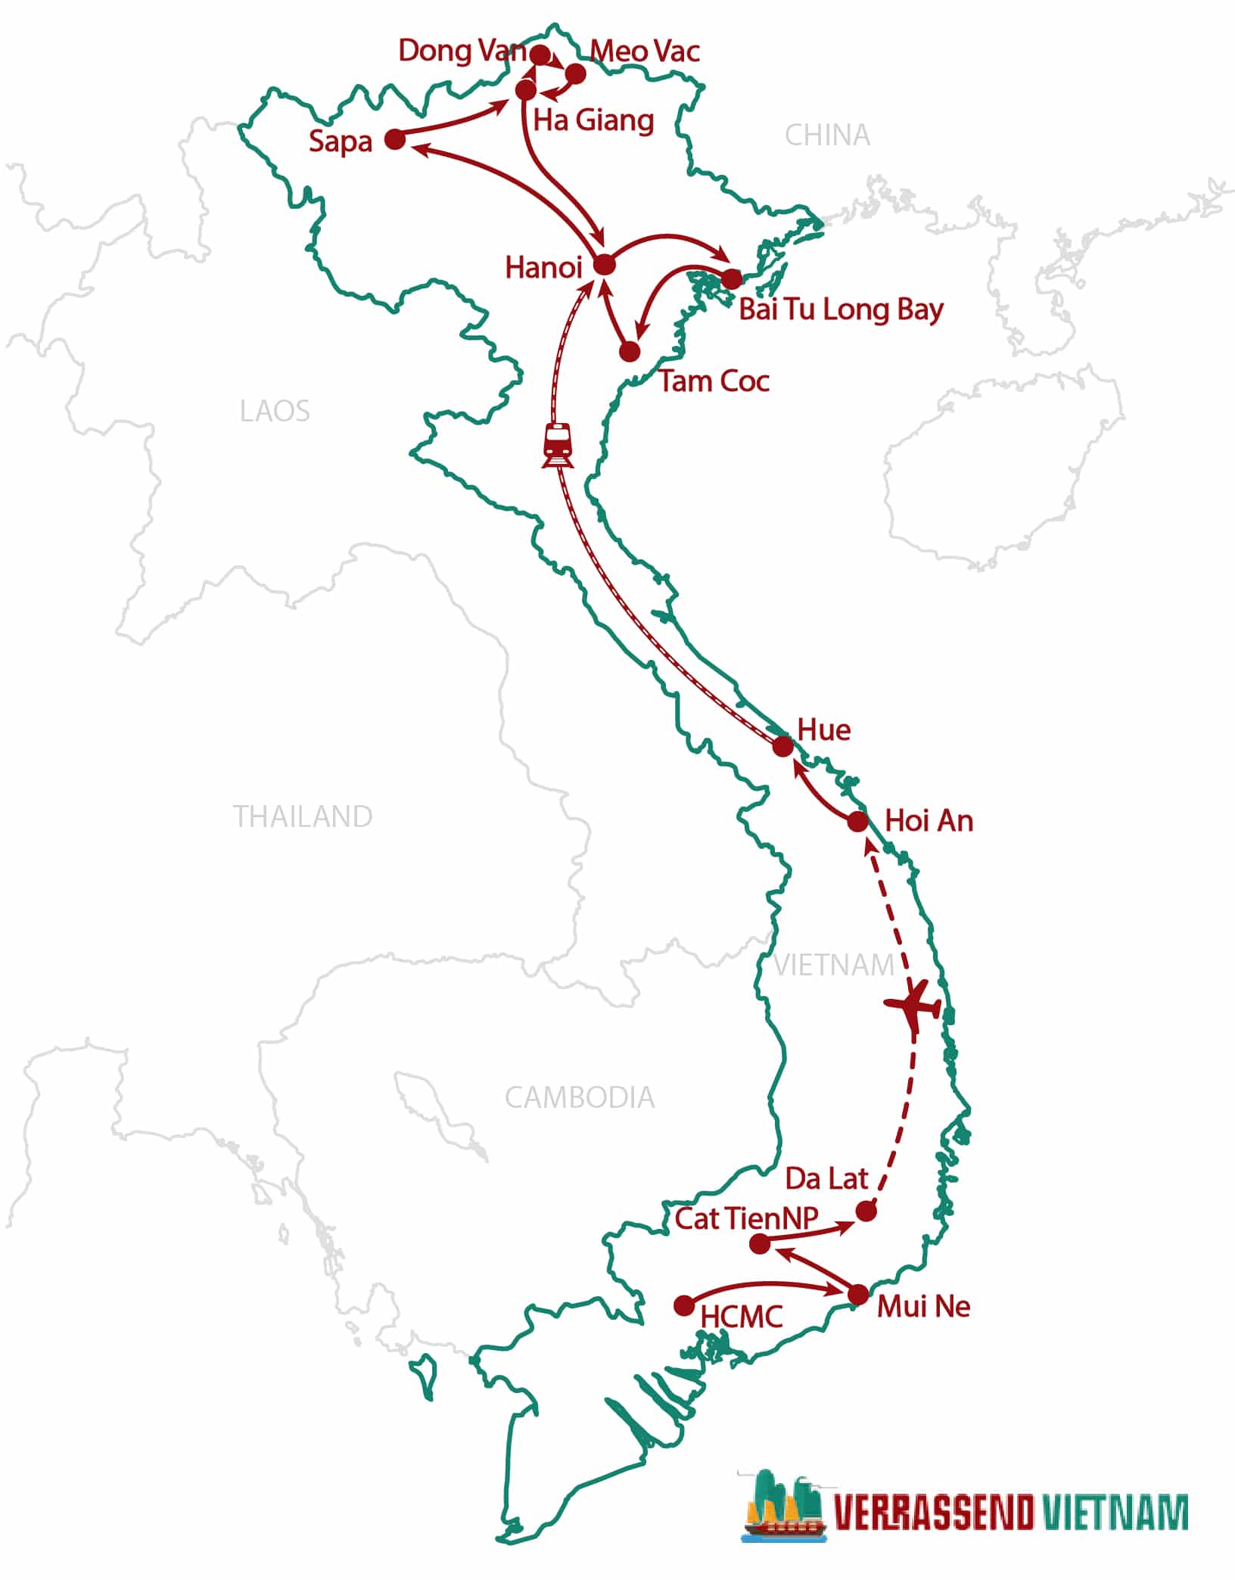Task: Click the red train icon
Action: pos(558,445)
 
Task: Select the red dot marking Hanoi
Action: pos(604,265)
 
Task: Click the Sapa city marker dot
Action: pos(395,139)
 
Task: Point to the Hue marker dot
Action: pos(782,747)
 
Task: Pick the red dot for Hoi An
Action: pos(857,821)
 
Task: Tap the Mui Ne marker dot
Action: pos(857,1295)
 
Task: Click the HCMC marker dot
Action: pos(684,1305)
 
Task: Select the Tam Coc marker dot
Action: pos(630,352)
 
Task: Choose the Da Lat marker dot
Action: pos(866,1211)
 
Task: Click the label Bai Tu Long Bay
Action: pos(841,310)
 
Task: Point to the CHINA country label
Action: pos(827,135)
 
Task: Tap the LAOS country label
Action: pos(275,412)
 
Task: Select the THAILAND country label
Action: pos(303,817)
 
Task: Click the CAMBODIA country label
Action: pos(580,1098)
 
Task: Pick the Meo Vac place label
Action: pos(645,51)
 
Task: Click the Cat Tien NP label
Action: pos(746,1218)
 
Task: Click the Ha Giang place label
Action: pos(594,120)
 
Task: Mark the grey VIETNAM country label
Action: pos(834,966)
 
